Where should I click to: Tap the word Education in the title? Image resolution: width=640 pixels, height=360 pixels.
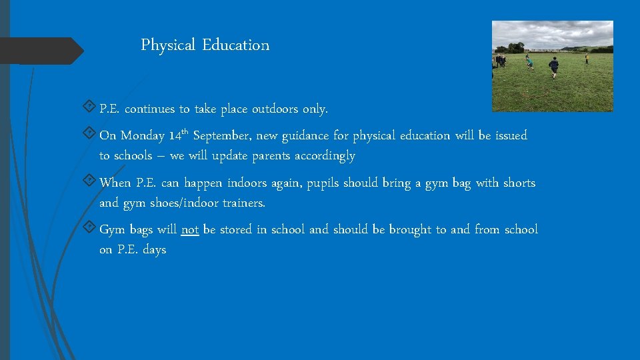click(x=236, y=45)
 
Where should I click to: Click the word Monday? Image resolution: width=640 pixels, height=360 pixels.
click(x=141, y=136)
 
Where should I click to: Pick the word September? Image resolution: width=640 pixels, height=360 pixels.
click(x=222, y=136)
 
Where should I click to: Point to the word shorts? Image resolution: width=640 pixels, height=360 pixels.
click(x=519, y=183)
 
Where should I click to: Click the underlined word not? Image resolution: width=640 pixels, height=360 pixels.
click(x=190, y=230)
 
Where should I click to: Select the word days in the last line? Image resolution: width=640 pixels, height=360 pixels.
click(x=154, y=250)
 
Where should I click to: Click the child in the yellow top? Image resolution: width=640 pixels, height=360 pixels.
click(x=587, y=59)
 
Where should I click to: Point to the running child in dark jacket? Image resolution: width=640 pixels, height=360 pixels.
click(x=553, y=66)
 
